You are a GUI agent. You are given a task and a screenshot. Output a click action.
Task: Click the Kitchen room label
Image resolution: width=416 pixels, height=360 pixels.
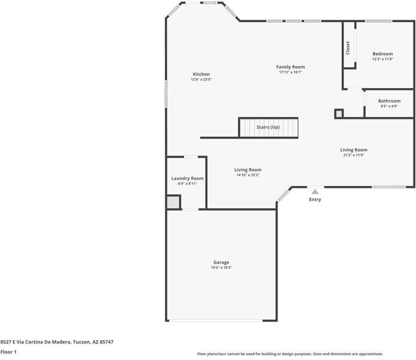pyautogui.click(x=201, y=74)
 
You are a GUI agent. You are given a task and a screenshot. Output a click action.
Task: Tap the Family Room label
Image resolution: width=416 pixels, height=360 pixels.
pyautogui.click(x=290, y=67)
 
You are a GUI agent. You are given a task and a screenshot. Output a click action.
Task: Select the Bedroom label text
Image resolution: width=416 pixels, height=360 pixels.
pyautogui.click(x=382, y=54)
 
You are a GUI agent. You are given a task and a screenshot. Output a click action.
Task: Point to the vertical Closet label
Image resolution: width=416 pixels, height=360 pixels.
pyautogui.click(x=348, y=47)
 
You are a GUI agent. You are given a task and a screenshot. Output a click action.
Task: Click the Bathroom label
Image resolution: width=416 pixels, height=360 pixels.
pyautogui.click(x=389, y=101)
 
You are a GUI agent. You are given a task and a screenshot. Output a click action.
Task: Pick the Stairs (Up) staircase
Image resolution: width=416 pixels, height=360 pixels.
pyautogui.click(x=268, y=127)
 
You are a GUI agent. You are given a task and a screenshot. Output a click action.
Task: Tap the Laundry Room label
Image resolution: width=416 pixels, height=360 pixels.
pyautogui.click(x=187, y=178)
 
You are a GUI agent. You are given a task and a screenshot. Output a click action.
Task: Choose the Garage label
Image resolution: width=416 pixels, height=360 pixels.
pyautogui.click(x=221, y=262)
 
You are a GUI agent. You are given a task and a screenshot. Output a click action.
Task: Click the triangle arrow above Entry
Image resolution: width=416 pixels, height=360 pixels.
pyautogui.click(x=315, y=191)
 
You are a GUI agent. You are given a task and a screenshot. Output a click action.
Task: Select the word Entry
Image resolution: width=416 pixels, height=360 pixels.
pyautogui.click(x=315, y=199)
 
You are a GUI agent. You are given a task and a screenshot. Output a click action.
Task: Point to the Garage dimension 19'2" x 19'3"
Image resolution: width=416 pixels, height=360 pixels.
pyautogui.click(x=221, y=268)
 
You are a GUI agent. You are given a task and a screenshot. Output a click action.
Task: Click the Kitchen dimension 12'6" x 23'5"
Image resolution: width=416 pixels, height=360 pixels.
pyautogui.click(x=201, y=80)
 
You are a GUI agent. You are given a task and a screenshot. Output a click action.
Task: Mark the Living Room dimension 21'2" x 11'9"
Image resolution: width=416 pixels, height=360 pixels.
pyautogui.click(x=354, y=155)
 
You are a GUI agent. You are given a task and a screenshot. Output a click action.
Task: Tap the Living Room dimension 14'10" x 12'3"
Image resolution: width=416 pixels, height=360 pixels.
pyautogui.click(x=248, y=175)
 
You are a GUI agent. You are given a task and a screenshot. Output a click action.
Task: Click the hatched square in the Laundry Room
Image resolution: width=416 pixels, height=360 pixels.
pyautogui.click(x=173, y=203)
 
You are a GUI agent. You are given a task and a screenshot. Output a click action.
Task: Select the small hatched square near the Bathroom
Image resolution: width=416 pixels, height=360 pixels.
pyautogui.click(x=339, y=113)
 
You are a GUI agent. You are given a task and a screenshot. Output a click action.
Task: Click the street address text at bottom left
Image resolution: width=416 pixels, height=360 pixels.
pyautogui.click(x=57, y=341)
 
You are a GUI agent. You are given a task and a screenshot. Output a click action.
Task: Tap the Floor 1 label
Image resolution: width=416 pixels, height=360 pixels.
pyautogui.click(x=8, y=352)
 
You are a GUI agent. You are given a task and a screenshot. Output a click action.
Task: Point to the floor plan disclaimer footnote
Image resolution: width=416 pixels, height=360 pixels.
pyautogui.click(x=290, y=354)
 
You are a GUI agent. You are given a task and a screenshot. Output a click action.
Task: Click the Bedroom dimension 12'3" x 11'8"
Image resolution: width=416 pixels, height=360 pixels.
pyautogui.click(x=382, y=59)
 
